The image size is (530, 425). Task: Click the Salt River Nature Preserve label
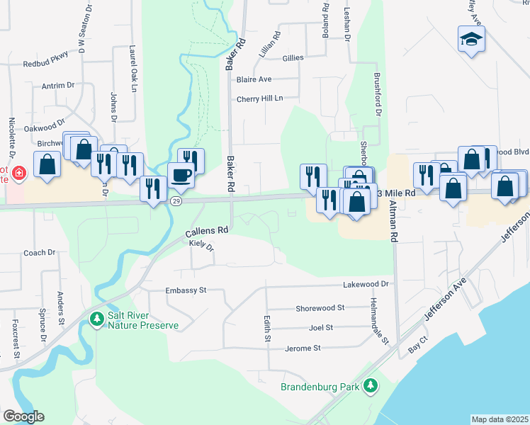coord(142,321)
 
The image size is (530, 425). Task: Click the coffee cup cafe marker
coord(181,175)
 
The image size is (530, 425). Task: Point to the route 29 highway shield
coord(175,202)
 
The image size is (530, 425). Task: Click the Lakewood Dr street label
coord(366,284)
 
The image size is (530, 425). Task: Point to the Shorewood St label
coord(320,308)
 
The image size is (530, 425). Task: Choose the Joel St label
coord(321,328)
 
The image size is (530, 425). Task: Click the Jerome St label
coord(303,348)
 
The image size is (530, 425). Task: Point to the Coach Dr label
coord(39,253)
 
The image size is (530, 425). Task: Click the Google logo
coord(23,416)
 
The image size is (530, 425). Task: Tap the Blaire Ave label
coord(254,79)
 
